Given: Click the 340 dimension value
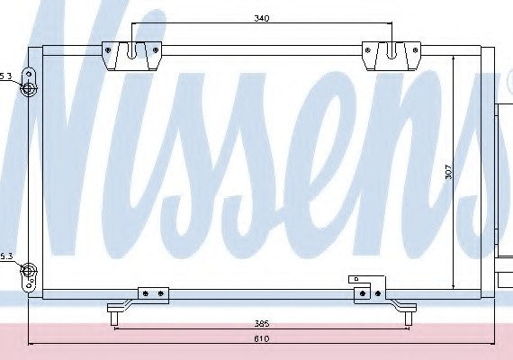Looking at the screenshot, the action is point(261,18).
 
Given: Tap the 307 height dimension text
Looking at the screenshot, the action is point(448,172).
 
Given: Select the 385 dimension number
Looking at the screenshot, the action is point(262,324).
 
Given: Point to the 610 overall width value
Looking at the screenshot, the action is point(262,338).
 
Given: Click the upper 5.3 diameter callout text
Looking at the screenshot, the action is point(5,76).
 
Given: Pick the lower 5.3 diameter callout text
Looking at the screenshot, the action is point(6,256).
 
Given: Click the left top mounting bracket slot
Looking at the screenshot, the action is point(131,51).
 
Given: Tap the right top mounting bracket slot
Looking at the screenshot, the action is point(391,51).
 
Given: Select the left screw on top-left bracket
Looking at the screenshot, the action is point(108,50).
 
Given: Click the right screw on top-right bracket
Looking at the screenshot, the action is point(416,50).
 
